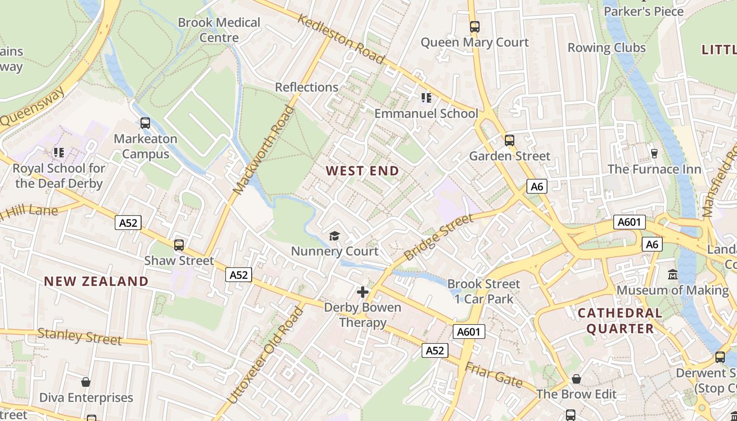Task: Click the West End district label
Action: coord(362,171)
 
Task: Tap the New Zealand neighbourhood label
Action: coord(96,281)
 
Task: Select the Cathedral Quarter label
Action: coord(620,321)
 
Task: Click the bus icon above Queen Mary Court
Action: coord(475,26)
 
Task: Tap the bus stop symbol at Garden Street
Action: coord(509,141)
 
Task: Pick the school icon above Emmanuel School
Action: coord(426,97)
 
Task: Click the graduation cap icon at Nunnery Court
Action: coord(334,236)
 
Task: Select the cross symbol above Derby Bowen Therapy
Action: coord(362,292)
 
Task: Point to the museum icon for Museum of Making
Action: coord(673,275)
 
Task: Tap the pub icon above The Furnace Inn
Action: coord(654,153)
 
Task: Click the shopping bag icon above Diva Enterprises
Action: coord(86,382)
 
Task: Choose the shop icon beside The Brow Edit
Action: coord(576,379)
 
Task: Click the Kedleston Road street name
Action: coord(341,38)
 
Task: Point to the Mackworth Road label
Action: coord(263,151)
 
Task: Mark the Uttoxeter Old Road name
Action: coord(266,356)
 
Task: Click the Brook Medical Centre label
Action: coord(219,30)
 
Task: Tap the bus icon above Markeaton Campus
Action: coord(145,123)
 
